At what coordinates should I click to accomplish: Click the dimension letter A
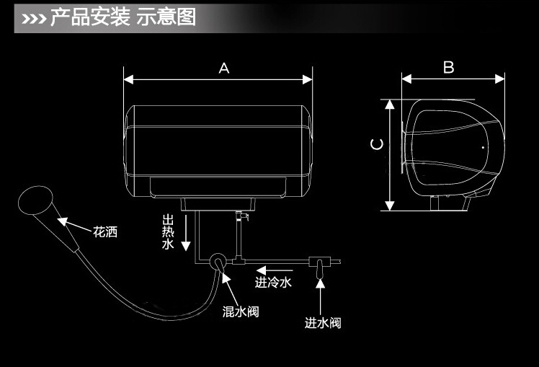pyautogui.click(x=224, y=68)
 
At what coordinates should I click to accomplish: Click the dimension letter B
pyautogui.click(x=449, y=67)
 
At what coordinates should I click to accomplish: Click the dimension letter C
pyautogui.click(x=377, y=144)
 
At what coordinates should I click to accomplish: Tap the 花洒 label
pyautogui.click(x=105, y=232)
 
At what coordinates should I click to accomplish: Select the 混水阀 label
pyautogui.click(x=241, y=311)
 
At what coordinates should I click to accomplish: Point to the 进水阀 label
pyautogui.click(x=323, y=322)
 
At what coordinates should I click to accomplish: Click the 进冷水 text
pyautogui.click(x=273, y=282)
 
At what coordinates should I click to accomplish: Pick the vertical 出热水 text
pyautogui.click(x=168, y=232)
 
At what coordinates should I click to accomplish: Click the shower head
pyautogui.click(x=35, y=200)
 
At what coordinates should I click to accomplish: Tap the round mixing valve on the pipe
pyautogui.click(x=218, y=262)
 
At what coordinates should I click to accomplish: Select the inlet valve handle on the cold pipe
pyautogui.click(x=320, y=269)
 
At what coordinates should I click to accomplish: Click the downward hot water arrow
pyautogui.click(x=186, y=232)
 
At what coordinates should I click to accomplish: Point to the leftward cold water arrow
pyautogui.click(x=275, y=270)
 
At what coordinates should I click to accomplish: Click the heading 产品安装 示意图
pyautogui.click(x=123, y=17)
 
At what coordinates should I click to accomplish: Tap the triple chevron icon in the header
pyautogui.click(x=34, y=19)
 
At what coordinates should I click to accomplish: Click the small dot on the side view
pyautogui.click(x=483, y=147)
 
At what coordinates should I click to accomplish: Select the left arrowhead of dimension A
pyautogui.click(x=128, y=80)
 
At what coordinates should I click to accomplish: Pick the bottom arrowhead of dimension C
pyautogui.click(x=389, y=205)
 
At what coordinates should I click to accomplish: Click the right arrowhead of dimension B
pyautogui.click(x=500, y=79)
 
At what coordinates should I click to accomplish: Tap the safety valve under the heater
pyautogui.click(x=241, y=216)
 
